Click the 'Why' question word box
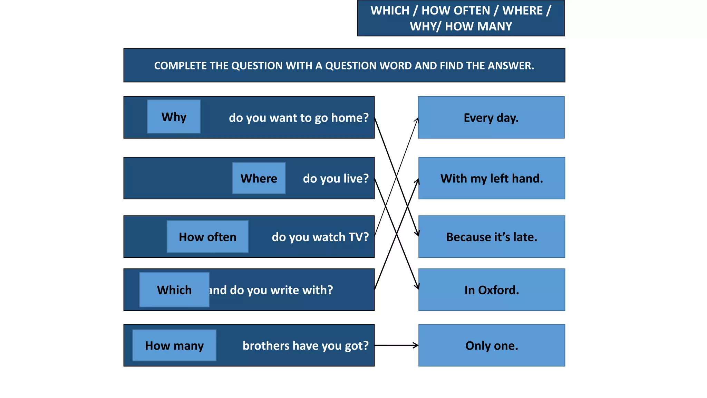point(174,117)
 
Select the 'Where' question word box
point(259,178)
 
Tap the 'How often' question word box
point(207,237)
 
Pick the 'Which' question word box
point(174,290)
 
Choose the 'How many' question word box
point(174,345)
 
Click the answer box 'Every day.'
point(491,118)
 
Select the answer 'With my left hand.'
point(492,179)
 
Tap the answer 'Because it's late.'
point(492,237)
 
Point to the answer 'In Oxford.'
point(492,290)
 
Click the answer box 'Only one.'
point(492,345)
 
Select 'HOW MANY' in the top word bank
point(478,27)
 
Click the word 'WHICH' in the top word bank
point(390,11)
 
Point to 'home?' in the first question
point(350,118)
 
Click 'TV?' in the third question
point(358,237)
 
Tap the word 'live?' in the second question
point(356,179)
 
